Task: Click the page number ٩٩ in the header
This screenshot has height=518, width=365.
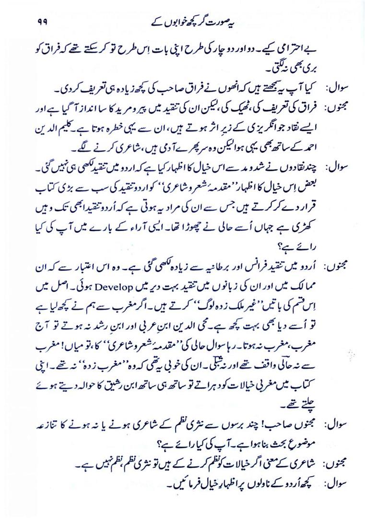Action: (x=40, y=22)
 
